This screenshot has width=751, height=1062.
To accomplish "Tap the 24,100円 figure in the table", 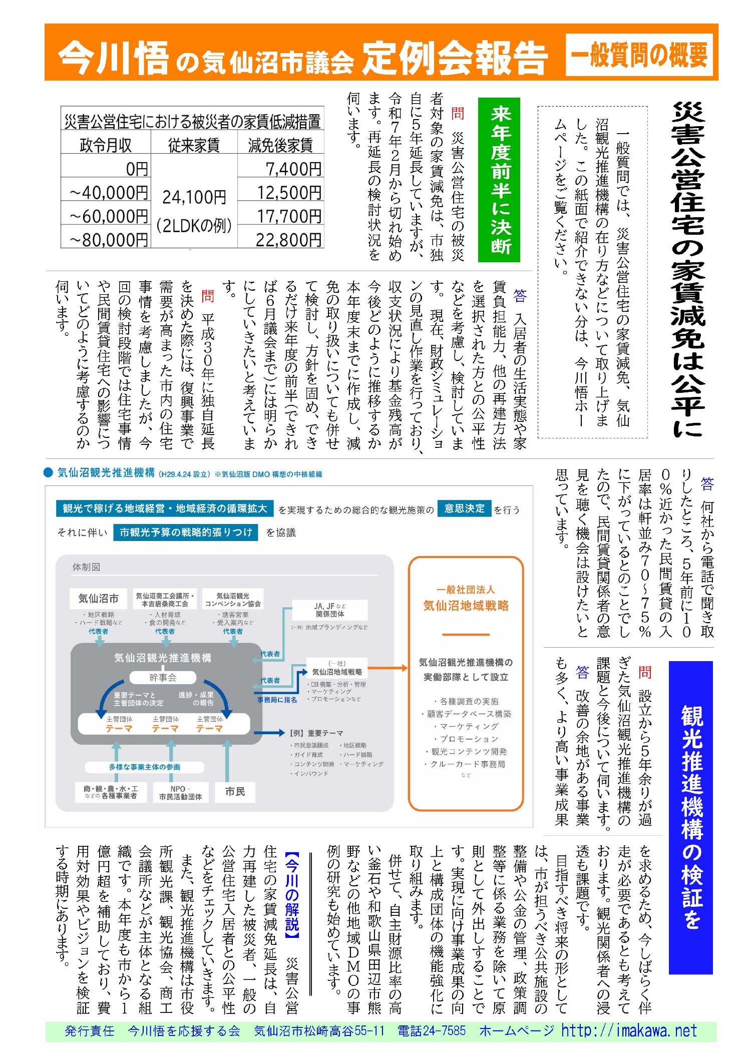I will click(194, 197).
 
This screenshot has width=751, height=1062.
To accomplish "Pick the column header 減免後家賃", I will click(280, 145).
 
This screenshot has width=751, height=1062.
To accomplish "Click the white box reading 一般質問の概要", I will click(639, 55).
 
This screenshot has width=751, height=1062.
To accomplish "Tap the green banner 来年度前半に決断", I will click(499, 180).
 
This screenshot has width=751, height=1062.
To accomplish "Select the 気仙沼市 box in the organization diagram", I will click(99, 598).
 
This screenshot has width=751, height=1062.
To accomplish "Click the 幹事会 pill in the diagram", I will click(163, 678).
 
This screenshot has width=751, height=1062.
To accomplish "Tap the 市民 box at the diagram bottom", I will click(235, 791).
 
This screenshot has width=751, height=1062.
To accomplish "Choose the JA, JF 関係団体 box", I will click(330, 610).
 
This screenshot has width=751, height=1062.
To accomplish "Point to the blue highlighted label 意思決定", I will click(464, 508).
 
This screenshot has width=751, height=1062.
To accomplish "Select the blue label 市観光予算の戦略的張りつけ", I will click(185, 532).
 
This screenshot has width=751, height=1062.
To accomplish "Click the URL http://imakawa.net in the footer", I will click(629, 1031).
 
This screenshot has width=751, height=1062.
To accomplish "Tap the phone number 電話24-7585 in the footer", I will click(431, 1031).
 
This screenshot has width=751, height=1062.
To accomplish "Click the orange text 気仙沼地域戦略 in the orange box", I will click(466, 606).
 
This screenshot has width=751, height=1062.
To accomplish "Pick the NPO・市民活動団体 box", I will click(180, 792).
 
